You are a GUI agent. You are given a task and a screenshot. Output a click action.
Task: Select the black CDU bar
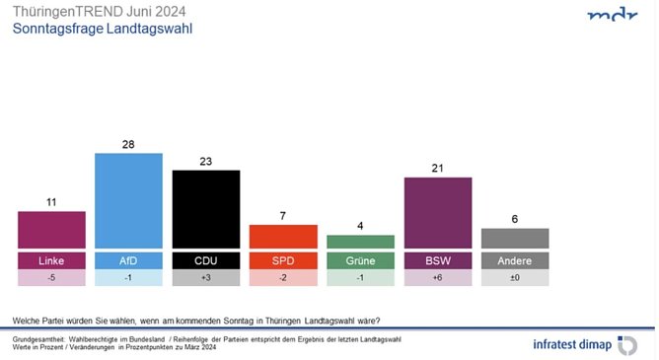coord(205,209)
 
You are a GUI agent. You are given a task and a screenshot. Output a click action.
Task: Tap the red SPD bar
coord(282,237)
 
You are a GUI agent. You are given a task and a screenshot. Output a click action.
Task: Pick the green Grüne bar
coord(360,242)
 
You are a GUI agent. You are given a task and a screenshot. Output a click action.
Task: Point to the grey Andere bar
coord(515,239)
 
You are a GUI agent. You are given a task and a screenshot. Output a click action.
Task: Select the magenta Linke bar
coord(51,230)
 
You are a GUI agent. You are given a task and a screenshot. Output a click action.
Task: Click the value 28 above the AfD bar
coord(128,145)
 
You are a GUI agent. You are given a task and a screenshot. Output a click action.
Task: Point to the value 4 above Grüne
coord(360,227)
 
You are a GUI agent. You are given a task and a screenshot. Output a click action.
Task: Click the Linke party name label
coord(51,260)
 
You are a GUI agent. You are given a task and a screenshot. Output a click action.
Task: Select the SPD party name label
coord(282,260)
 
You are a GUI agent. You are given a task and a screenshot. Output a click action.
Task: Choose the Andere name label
coord(515,260)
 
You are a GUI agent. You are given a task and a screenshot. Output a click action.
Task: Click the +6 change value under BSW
coord(438,278)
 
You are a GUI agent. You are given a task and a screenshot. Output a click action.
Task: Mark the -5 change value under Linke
coord(51,278)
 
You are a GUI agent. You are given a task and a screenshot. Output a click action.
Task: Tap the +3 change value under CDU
coord(205,278)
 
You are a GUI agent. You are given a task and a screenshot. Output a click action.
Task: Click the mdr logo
coord(611,16)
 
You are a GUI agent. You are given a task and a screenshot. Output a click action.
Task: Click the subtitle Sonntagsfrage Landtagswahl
coord(102,30)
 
